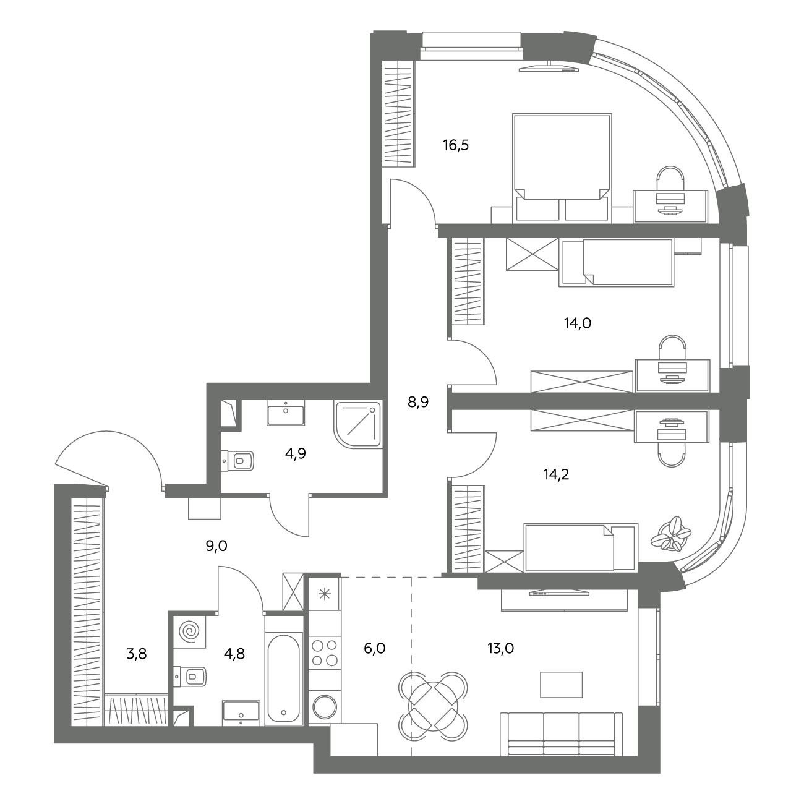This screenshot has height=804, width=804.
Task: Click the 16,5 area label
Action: pyautogui.click(x=456, y=145)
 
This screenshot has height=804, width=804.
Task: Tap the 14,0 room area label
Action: pyautogui.click(x=578, y=323)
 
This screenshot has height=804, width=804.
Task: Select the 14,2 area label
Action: pyautogui.click(x=556, y=474)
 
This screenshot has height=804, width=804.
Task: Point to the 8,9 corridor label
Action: pyautogui.click(x=418, y=402)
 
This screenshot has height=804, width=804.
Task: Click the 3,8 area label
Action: pyautogui.click(x=137, y=654)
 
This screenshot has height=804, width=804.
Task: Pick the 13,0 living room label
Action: pyautogui.click(x=500, y=648)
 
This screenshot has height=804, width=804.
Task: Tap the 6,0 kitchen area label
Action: pyautogui.click(x=374, y=648)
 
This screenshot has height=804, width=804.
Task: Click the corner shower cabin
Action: pyautogui.click(x=358, y=425)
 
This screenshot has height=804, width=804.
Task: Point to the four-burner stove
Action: pyautogui.click(x=325, y=653)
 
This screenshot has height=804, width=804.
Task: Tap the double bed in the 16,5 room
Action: pyautogui.click(x=562, y=168)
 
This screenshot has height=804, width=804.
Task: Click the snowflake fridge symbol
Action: pyautogui.click(x=325, y=594)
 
